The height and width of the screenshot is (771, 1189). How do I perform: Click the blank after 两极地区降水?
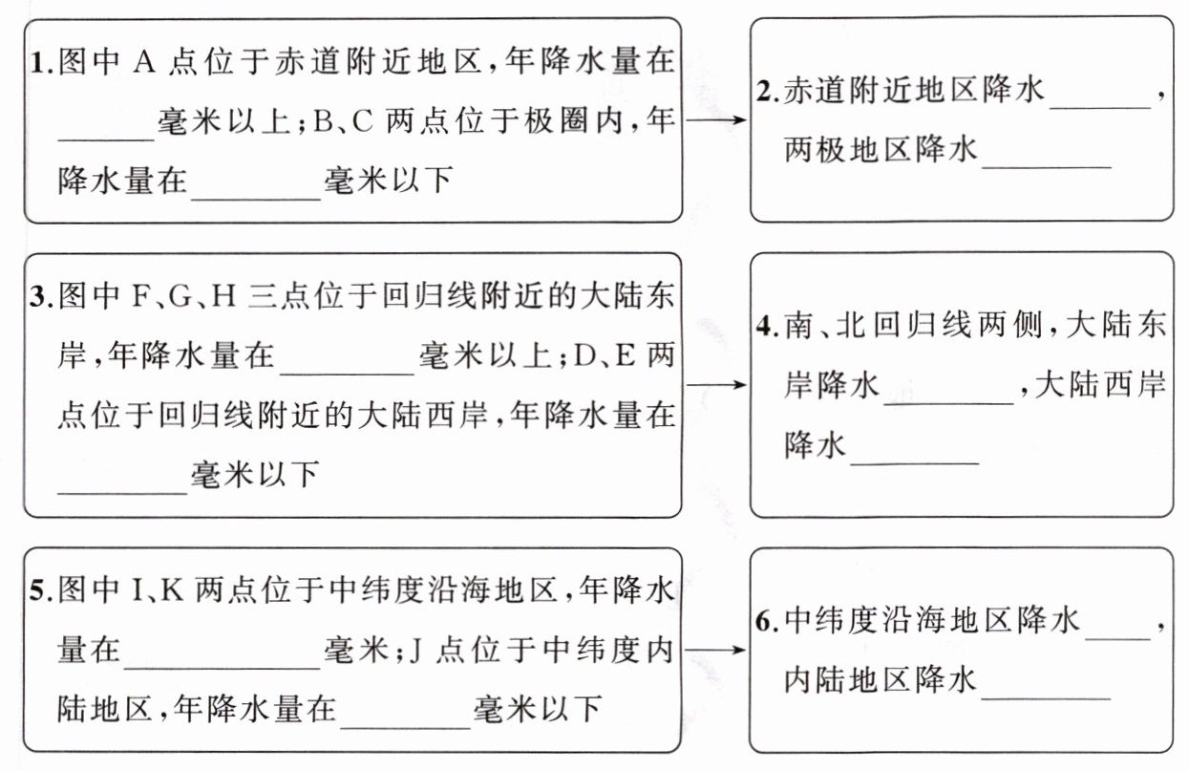(1047, 158)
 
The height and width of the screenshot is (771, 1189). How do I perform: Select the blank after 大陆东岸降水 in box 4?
(949, 394)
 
